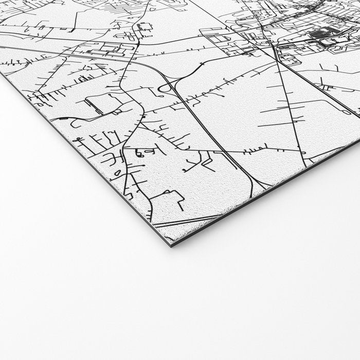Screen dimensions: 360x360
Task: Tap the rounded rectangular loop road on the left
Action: [98, 105]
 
